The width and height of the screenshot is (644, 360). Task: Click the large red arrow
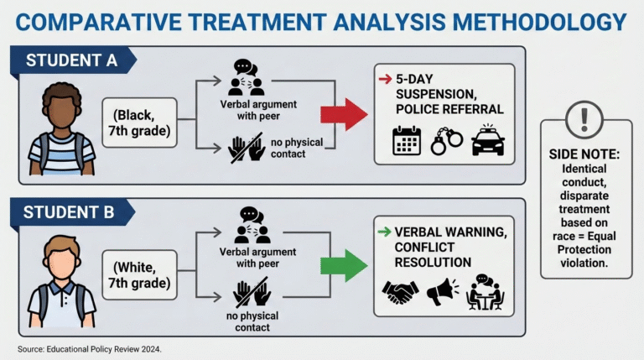pyautogui.click(x=344, y=114)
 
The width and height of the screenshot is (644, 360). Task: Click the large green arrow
pyautogui.click(x=344, y=265)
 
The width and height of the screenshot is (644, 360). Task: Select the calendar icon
pyautogui.click(x=407, y=141)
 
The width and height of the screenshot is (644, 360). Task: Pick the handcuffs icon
pyautogui.click(x=446, y=141)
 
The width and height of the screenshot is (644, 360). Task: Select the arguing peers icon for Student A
pyautogui.click(x=247, y=75)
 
